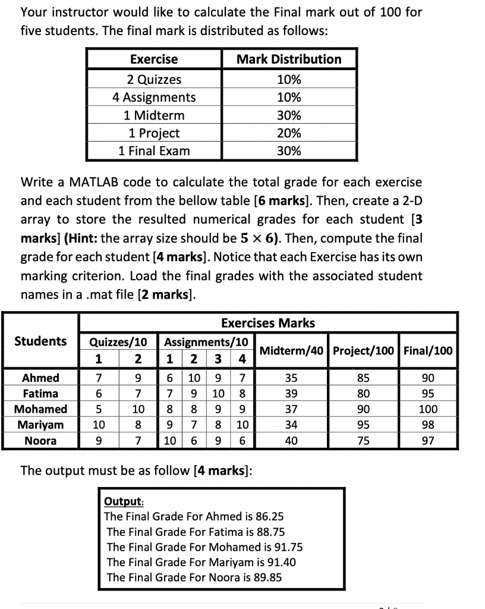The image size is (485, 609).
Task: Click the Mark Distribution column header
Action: click(289, 59)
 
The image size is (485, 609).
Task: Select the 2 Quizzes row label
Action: click(154, 80)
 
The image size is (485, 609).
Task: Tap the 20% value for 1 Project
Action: click(289, 133)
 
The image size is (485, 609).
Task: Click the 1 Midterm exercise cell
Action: click(154, 115)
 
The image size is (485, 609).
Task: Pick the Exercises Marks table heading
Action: click(267, 323)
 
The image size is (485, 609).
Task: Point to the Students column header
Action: click(40, 341)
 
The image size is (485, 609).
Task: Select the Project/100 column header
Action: click(363, 350)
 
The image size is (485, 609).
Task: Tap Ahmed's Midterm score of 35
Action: click(291, 378)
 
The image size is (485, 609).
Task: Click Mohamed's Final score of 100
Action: click(427, 409)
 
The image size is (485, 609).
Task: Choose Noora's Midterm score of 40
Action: click(291, 441)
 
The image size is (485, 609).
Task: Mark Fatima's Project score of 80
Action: click(363, 394)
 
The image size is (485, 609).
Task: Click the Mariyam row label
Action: click(40, 425)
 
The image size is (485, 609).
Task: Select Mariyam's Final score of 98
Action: click(427, 425)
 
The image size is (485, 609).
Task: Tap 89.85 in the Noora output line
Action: click(267, 577)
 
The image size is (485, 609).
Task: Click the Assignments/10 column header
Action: click(206, 342)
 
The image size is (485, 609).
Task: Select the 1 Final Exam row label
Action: click(154, 151)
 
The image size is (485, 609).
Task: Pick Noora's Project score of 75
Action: click(363, 441)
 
